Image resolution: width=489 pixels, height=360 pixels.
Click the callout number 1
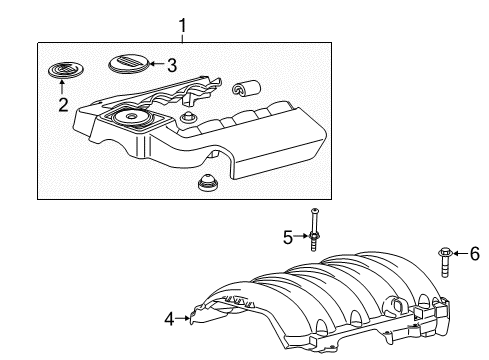click(x=181, y=22)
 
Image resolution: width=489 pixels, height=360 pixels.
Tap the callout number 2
click(x=62, y=105)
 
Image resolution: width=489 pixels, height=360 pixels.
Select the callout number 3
click(x=172, y=67)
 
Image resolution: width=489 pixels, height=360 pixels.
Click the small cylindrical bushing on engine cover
click(x=240, y=91)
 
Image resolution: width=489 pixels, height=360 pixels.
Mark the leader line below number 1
click(x=181, y=36)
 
